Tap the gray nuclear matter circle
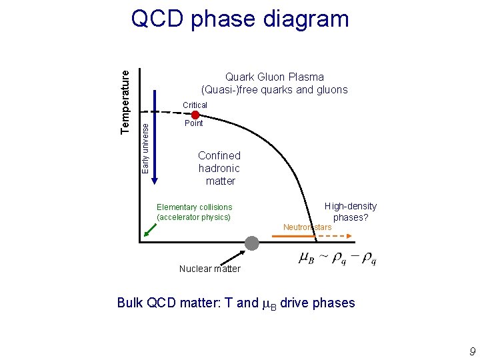point(251,243)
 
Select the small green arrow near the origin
point(151,229)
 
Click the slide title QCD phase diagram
point(240,19)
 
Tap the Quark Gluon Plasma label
point(275,77)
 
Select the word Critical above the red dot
point(195,105)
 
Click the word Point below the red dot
point(194,123)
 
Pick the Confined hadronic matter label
point(219,168)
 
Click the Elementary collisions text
point(194,207)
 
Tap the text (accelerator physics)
point(193,217)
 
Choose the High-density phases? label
point(351,212)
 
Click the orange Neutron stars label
point(307,228)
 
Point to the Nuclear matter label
point(209,269)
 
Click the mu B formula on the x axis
point(337,258)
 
